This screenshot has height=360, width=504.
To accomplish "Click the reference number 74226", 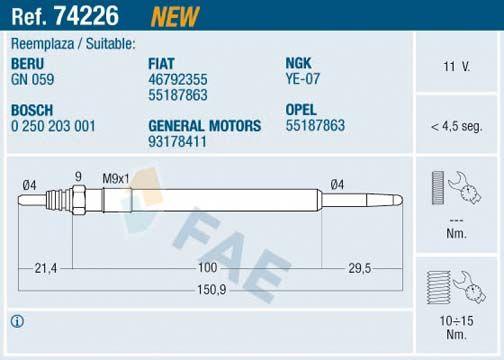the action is click(86, 16).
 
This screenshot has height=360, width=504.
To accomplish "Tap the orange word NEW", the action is click(175, 16).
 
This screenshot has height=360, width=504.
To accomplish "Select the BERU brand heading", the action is click(27, 64).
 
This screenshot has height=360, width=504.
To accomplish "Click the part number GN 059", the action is click(32, 79).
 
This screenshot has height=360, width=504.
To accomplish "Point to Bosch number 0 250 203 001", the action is click(53, 126).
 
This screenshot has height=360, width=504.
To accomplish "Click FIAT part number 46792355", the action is click(178, 79).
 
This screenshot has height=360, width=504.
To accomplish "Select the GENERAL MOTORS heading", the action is click(205, 126).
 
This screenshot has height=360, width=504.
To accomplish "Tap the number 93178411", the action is click(177, 142).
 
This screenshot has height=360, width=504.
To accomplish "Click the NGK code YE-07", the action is click(302, 79).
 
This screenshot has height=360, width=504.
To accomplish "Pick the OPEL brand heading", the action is click(301, 110).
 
